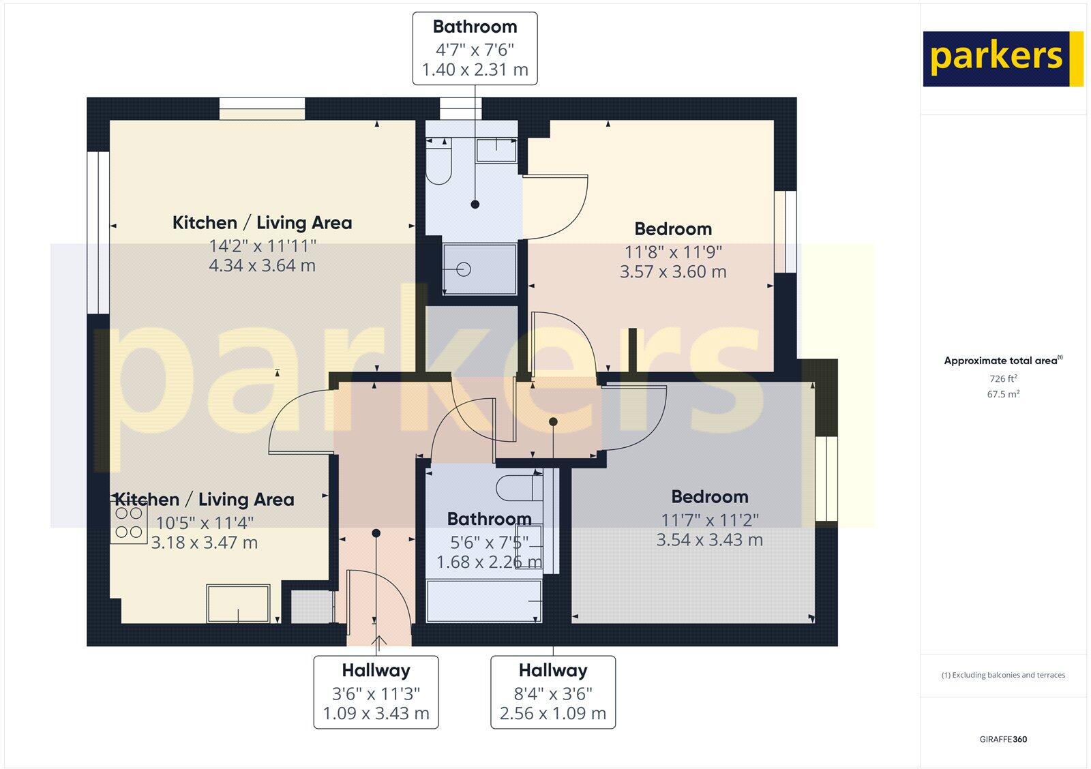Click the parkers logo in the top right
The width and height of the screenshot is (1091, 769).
pos(1002,59)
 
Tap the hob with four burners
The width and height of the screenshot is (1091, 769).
pos(129,523)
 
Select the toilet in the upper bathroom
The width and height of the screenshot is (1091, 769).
pos(438,164)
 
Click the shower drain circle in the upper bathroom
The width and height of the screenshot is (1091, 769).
pos(464,270)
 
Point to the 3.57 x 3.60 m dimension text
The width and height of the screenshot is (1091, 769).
pos(672,272)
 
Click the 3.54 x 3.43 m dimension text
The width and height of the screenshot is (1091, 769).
pos(709,540)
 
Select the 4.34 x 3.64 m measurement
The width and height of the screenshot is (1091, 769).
pos(262,266)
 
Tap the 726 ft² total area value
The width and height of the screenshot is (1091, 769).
pos(1003,379)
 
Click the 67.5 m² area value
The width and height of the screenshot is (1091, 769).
pos(1003,394)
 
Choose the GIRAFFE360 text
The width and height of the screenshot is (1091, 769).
pos(1003,739)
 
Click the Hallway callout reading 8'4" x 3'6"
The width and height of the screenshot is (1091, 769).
pos(553,693)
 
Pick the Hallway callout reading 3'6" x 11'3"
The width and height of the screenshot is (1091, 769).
pos(376,693)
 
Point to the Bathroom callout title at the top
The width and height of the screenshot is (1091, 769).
pos(475,27)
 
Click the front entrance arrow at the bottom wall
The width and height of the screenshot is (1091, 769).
pos(378,640)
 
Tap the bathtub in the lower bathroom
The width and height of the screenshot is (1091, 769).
pos(484,601)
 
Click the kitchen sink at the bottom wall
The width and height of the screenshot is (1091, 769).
pos(238,603)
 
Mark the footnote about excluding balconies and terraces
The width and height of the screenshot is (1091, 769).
pos(1003,676)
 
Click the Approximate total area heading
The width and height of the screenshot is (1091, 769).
pos(1003,361)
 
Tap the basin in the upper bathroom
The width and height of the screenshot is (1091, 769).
pos(496,150)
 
